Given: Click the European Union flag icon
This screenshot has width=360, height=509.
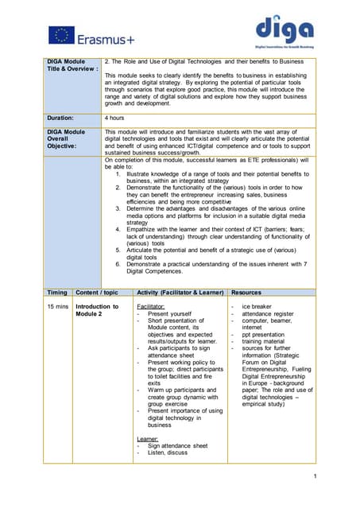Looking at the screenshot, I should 61,35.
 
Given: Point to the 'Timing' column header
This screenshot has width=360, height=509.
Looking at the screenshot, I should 56,293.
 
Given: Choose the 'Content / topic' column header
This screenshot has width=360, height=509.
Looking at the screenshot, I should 97,293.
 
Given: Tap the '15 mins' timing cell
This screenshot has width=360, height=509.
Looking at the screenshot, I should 57,306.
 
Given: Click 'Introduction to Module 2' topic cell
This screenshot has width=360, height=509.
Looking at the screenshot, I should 97,310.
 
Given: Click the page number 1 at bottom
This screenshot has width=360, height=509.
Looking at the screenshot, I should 315,476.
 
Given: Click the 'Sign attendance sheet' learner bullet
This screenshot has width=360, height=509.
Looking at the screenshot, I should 178,446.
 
